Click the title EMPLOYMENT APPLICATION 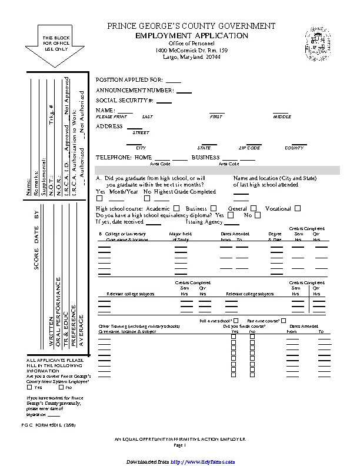192,36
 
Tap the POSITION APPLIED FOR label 129,79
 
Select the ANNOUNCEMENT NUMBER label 135,91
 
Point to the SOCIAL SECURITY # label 125,101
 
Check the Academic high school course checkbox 176,208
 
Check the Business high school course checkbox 213,208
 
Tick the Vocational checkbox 298,208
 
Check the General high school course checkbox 254,208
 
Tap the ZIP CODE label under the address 249,148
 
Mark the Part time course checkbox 284,321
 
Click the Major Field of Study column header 180,237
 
